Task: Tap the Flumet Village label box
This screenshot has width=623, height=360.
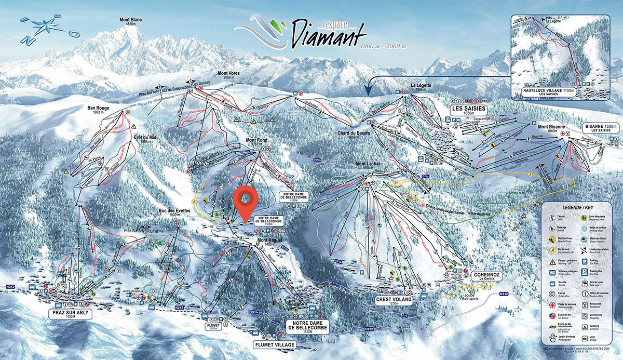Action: pyautogui.click(x=274, y=344)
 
